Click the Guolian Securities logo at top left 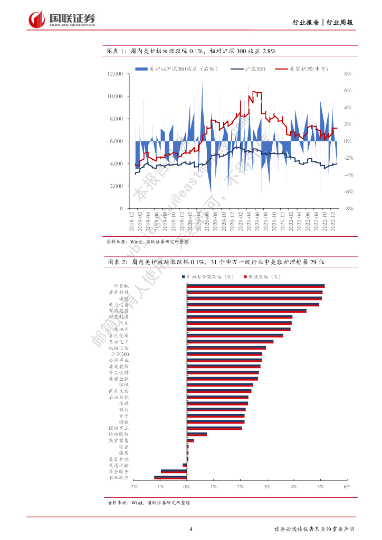62,20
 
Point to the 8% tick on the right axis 348,74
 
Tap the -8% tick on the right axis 348,209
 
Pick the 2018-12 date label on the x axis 131,221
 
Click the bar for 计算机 256,286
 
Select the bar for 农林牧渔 170,477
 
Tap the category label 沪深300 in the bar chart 118,354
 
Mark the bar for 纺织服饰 197,434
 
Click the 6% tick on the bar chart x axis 347,487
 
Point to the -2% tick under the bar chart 132,487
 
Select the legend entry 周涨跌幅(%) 262,276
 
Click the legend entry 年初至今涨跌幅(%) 209,276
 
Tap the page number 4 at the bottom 191,529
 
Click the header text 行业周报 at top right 340,22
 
